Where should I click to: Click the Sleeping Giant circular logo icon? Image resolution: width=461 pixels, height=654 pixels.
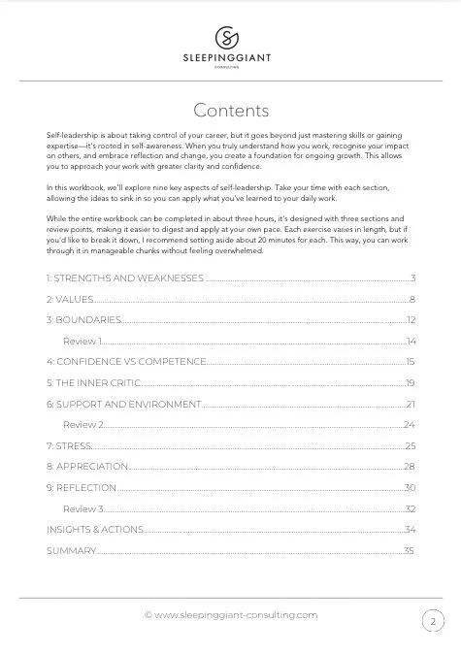point(230,37)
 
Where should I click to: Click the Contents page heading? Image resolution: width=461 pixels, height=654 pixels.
point(231,110)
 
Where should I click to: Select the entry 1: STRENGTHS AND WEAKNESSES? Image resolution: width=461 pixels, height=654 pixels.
point(125,278)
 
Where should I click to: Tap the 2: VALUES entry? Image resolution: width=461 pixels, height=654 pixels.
point(70,299)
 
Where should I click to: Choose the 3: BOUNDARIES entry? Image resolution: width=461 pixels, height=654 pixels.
point(84,320)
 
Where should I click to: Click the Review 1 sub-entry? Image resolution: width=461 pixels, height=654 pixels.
point(82,342)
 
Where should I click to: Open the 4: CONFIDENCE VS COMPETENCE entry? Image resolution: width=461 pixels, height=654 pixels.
point(126,362)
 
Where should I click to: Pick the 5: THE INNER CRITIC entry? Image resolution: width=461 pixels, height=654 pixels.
point(94,383)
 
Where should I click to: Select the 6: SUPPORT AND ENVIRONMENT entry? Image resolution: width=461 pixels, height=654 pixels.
point(123,404)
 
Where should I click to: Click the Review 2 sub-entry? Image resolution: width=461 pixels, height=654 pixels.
point(83,425)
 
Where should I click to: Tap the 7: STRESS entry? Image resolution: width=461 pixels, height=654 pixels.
point(69,445)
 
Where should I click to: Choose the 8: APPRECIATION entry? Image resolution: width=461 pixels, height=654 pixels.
point(87,467)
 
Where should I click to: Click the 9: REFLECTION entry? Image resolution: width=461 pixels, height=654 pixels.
point(82,487)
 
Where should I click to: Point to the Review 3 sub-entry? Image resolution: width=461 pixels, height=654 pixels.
point(83,508)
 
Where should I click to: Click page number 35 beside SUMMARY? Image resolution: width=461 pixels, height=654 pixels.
point(410,551)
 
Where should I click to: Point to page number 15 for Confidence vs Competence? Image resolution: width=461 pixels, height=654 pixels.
point(411,362)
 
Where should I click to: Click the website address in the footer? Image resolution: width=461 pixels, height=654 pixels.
point(231,614)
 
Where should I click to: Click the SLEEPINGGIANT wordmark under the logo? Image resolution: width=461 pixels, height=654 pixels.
point(230,58)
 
